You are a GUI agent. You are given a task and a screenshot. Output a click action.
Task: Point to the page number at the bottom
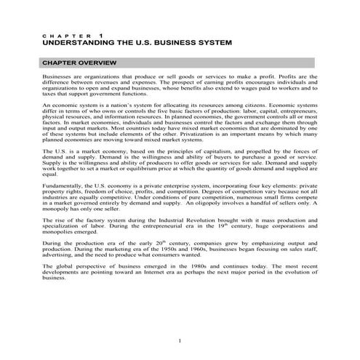point(180,341)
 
